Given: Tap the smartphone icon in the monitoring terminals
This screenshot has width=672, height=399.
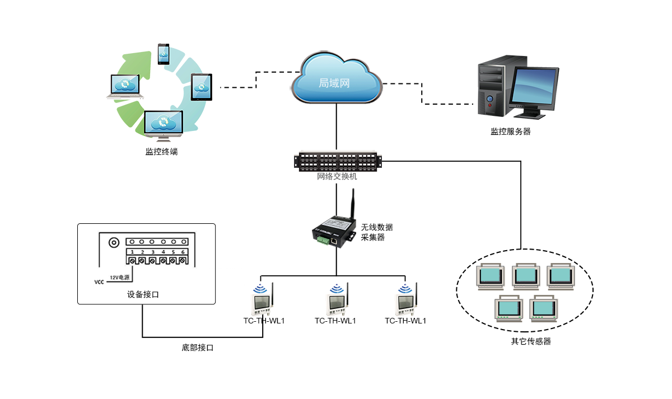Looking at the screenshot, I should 164,54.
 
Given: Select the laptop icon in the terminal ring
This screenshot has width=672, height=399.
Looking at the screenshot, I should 125,87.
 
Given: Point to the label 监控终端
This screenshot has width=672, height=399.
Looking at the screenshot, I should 162,151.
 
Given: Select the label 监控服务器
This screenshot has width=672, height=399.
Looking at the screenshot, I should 510,132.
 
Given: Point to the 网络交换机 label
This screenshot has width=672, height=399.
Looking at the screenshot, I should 337,177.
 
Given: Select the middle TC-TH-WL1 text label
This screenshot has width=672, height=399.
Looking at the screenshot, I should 335,321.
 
